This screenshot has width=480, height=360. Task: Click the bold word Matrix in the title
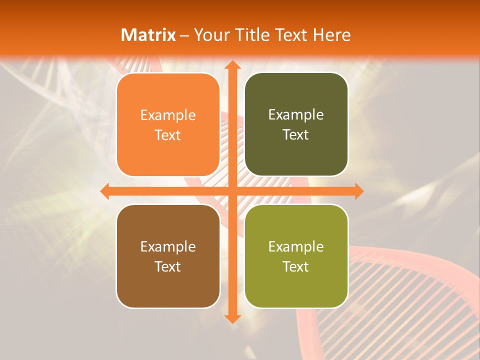[148, 35]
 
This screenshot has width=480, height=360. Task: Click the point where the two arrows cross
[232, 191]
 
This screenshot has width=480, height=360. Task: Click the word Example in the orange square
[168, 115]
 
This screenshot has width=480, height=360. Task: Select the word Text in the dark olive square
[296, 134]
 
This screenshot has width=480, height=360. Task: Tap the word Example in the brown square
[168, 246]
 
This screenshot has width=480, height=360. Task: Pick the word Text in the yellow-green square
[296, 266]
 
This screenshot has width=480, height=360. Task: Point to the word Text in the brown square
[168, 266]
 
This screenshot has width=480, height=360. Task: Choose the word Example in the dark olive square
[296, 115]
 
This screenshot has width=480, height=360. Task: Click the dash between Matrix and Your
[184, 35]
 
